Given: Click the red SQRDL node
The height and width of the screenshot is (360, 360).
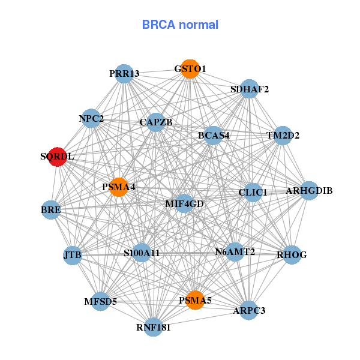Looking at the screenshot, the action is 57,157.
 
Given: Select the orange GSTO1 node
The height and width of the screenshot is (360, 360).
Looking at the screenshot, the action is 190,68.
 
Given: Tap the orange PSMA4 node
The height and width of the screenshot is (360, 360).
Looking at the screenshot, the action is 119,187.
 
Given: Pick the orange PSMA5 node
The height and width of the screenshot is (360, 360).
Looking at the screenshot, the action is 194,300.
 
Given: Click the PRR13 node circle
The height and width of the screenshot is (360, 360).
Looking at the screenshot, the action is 124,73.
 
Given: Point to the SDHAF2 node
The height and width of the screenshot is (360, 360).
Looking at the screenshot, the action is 249,89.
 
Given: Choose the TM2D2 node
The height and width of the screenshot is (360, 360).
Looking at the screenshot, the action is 283,135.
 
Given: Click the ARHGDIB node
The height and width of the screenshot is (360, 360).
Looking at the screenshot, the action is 309,191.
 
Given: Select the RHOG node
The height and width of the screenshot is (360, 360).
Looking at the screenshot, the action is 292,254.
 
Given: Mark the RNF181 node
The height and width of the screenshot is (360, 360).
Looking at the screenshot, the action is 154,327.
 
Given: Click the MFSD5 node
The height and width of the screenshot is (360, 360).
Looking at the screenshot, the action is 101,301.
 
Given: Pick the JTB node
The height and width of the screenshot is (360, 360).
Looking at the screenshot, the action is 72,255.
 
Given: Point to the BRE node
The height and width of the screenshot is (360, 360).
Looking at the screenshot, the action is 51,210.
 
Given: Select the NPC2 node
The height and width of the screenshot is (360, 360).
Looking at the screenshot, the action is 91,118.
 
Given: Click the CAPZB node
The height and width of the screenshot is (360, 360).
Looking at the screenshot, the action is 155,122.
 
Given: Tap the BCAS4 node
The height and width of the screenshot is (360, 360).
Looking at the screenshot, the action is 214,135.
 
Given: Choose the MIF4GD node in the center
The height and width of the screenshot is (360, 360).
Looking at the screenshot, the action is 184,203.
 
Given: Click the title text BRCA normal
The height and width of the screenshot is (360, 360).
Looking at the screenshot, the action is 180,25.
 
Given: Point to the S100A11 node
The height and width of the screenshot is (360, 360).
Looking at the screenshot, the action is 142,253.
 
